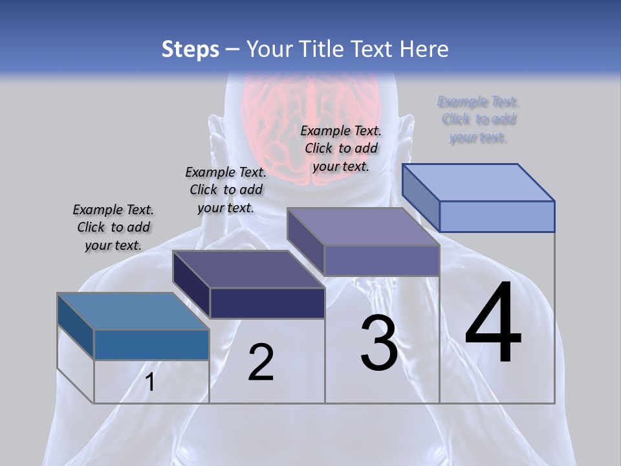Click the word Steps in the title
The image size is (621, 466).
pos(190,49)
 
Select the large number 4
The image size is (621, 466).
pos(494,324)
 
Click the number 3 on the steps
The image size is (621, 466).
pos(379,343)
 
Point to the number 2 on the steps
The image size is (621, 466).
pos(261,362)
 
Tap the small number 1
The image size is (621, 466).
pos(150,383)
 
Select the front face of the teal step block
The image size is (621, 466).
pos(151,345)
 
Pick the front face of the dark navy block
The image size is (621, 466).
pos(267,303)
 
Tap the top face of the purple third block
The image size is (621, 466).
pos(363,227)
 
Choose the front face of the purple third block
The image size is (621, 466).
pos(382,261)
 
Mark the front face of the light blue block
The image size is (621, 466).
pos(497,216)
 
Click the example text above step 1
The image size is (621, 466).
pos(113,227)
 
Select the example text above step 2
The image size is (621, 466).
pos(226,190)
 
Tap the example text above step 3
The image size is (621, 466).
pos(341,148)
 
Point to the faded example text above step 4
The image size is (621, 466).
pos(479,120)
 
